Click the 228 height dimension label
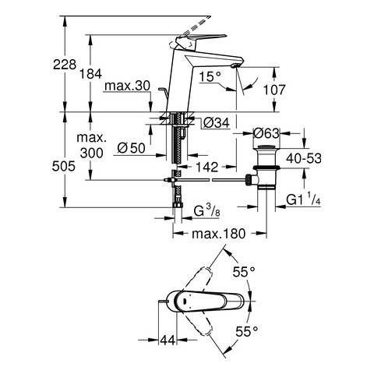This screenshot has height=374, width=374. [65, 65]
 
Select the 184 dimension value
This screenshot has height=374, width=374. [90, 74]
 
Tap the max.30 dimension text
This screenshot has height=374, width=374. [127, 86]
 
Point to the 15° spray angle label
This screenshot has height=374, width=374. [210, 76]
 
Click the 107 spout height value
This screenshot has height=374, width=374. [274, 90]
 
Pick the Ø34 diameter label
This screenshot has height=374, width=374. [217, 123]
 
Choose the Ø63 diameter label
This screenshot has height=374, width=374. [266, 133]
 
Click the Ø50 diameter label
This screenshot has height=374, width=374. [131, 148]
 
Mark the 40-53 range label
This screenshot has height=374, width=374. [304, 158]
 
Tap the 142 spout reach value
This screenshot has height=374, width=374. [207, 167]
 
